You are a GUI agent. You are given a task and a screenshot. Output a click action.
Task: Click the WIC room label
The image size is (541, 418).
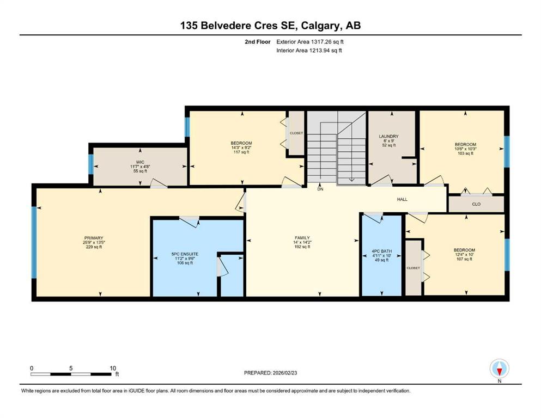[140, 162]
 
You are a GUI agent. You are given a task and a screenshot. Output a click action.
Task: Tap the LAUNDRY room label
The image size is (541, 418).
[388, 137]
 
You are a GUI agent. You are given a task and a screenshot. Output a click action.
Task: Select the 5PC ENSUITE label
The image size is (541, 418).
[185, 254]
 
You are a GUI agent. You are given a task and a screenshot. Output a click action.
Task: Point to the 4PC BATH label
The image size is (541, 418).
[381, 251]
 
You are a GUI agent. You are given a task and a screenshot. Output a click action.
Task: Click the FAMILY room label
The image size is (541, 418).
[302, 238]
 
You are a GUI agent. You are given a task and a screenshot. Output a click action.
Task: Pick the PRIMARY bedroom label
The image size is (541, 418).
[94, 238]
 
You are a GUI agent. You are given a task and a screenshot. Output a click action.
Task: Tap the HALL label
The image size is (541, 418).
[402, 199]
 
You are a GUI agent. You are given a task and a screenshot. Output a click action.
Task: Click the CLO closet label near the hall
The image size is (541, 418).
[476, 204]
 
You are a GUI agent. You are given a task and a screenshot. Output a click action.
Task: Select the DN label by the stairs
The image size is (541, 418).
[320, 189]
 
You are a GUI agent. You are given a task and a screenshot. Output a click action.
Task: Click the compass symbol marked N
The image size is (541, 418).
[499, 368]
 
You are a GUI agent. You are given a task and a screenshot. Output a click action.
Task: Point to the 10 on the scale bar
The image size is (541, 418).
[113, 368]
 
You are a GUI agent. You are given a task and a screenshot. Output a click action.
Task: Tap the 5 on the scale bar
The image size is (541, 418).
[71, 368]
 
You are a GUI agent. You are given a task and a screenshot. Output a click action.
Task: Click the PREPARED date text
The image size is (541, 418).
[270, 373]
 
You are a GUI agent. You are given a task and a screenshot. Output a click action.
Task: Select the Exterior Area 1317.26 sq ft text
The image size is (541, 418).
[310, 42]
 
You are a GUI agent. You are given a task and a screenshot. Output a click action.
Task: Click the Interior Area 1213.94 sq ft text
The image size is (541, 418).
[309, 50]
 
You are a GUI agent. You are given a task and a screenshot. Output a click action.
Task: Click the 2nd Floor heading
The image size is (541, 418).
[258, 42]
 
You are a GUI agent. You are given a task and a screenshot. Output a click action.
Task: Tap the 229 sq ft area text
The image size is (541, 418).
[94, 247]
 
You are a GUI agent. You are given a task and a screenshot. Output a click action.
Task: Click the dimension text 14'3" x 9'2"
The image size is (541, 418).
[241, 147]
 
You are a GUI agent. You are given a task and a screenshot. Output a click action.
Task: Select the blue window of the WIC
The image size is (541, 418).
[91, 164]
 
